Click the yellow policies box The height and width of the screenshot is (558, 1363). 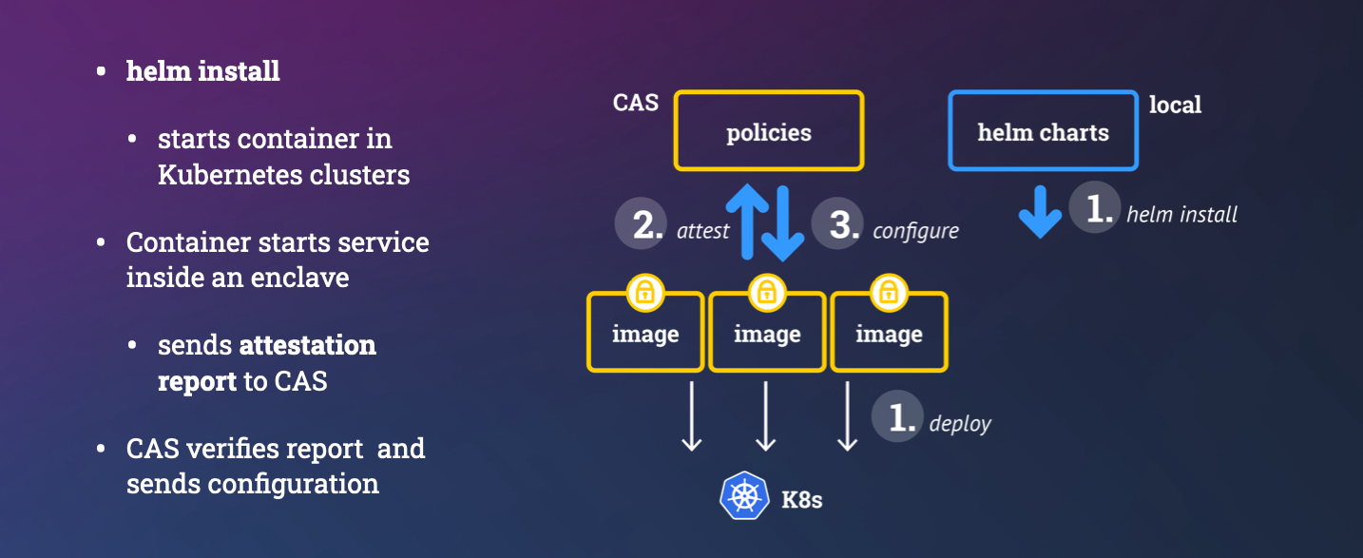coord(769,131)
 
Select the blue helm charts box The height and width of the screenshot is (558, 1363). coord(1043,131)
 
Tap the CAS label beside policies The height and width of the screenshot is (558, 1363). coord(636,103)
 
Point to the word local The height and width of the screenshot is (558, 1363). coord(1175,105)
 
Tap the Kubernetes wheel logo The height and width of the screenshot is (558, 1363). coord(744,496)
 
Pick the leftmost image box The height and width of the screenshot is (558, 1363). coord(645,335)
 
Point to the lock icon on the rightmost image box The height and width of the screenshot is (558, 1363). coord(889,292)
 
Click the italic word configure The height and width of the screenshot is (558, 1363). coord(915,231)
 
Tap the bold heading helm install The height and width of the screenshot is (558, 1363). coord(202,71)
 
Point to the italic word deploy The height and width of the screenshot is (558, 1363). coord(960,424)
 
